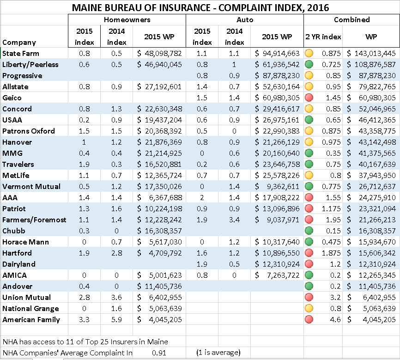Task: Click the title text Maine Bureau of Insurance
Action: coord(141,8)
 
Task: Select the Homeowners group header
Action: coord(127,20)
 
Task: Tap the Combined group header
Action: coord(352,20)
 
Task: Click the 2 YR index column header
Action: coord(323,37)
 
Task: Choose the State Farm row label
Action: coord(21,53)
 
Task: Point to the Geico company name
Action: coord(12,98)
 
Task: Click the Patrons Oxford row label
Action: coord(29,131)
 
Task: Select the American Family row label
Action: coord(31,320)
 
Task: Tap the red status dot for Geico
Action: coord(309,98)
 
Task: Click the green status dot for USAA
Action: coord(309,120)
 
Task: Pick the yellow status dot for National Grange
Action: coord(309,308)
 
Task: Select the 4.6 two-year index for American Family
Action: coord(335,320)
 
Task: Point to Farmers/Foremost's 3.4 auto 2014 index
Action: coord(234,220)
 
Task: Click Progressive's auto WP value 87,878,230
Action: coord(281,76)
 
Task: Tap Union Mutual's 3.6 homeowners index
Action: coord(116,298)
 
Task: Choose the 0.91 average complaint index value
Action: coord(159,353)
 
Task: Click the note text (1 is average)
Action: coord(218,353)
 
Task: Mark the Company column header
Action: coord(19,43)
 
